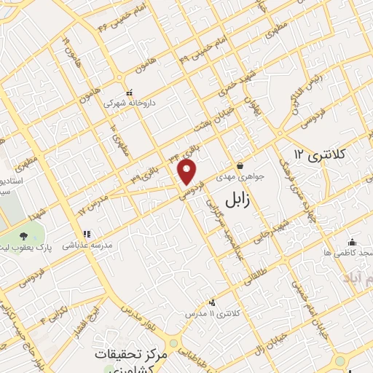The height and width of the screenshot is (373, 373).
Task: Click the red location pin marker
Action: coord(188,172)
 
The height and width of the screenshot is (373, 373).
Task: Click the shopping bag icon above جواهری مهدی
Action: coord(240,165)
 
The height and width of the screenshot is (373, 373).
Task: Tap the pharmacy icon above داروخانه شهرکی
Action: coord(129,93)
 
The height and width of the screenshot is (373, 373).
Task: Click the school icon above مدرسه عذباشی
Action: coord(87,235)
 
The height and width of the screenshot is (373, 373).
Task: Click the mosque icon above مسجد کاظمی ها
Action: coord(353,242)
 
